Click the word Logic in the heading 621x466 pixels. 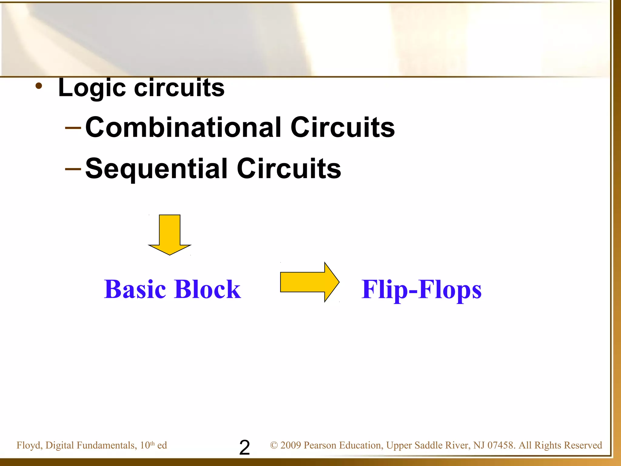(x=92, y=88)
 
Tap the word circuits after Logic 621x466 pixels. (x=179, y=88)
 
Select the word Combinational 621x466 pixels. (x=184, y=127)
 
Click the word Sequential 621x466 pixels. (x=156, y=169)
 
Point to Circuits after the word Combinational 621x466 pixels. (x=342, y=127)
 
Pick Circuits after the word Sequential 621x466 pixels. (x=289, y=169)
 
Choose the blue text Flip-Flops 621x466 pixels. (x=421, y=289)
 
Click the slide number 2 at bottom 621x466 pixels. (x=244, y=447)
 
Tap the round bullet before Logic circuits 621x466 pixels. (x=39, y=86)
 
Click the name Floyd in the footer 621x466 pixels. (x=29, y=445)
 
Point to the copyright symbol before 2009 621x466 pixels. (x=274, y=445)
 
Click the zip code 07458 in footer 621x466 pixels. (x=501, y=445)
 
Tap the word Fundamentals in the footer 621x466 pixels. (x=106, y=445)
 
